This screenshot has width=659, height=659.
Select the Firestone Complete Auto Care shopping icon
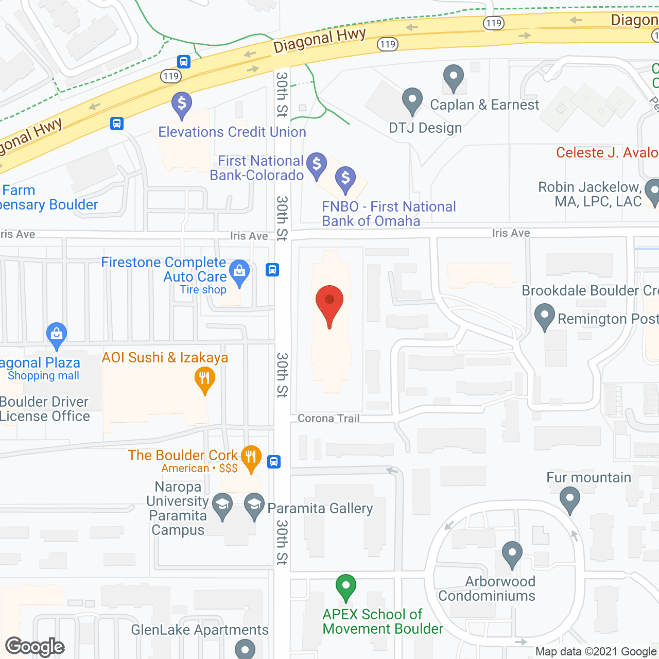coord(239,272)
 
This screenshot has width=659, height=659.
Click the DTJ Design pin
coord(412,100)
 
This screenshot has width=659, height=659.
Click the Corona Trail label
coord(328,419)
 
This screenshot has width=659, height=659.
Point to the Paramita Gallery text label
coord(320,509)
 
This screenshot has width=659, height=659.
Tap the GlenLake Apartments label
coord(200,630)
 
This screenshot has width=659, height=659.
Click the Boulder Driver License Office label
coord(45,409)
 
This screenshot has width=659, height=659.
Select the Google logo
coord(35,647)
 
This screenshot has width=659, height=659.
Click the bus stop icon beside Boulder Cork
coord(274,462)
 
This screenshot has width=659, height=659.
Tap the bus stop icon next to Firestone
coord(272,269)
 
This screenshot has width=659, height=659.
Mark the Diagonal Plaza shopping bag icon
coord(56,335)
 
